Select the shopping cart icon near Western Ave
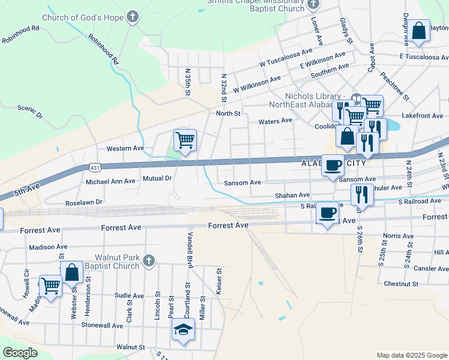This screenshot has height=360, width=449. (x=185, y=140)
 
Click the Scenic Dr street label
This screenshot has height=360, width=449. (x=30, y=111)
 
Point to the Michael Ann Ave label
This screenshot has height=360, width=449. (x=110, y=181)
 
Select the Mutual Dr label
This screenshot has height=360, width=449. (x=157, y=178)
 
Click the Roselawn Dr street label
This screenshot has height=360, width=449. (x=84, y=203)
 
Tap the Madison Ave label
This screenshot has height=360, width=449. (x=48, y=247)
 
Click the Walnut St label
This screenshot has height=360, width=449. (x=131, y=347)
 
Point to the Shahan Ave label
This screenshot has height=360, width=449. (x=292, y=195)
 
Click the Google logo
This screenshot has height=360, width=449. (x=20, y=353)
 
